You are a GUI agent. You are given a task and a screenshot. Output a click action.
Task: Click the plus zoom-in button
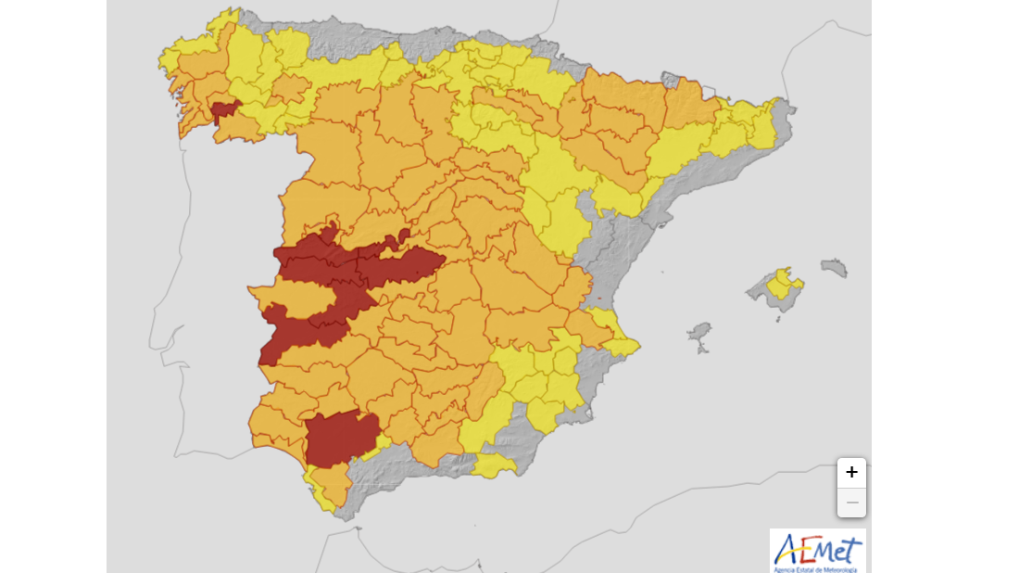coord(851,473)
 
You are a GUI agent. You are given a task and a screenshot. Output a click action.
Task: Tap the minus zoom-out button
coord(851,503)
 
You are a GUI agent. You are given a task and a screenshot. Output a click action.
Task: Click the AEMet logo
coord(817,549)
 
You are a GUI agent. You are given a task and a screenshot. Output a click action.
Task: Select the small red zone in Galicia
coord(222,113)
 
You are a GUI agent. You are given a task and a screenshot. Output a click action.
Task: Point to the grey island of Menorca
coord(835,268)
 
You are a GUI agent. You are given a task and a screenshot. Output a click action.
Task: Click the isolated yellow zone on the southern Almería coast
coord(494,466)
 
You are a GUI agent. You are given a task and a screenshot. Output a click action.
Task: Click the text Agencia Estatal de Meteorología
coord(817,568)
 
